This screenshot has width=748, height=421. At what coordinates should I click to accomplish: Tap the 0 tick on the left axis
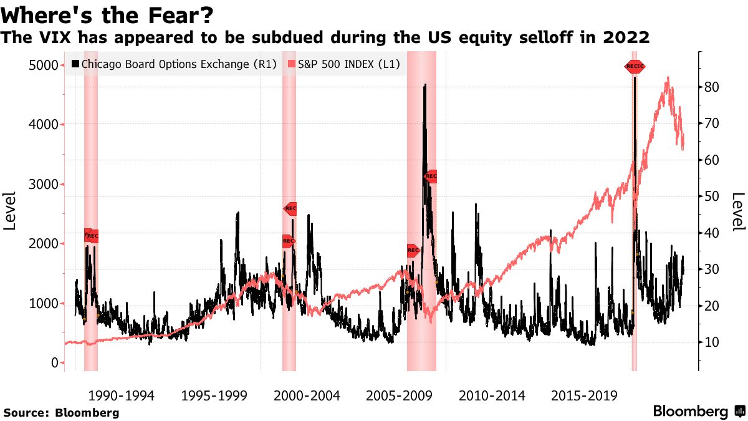tap(54, 363)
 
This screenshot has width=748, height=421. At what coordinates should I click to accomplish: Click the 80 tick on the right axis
tap(712, 87)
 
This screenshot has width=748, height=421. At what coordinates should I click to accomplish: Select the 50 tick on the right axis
tap(712, 196)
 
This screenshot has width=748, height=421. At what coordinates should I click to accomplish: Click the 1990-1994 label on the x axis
tap(121, 396)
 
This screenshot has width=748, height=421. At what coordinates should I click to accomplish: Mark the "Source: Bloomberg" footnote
tap(61, 413)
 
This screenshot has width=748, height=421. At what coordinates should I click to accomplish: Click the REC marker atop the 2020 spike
tap(635, 66)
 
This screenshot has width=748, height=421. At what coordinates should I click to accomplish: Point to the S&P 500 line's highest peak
tap(668, 77)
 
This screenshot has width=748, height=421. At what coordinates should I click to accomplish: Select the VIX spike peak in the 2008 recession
tap(424, 85)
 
